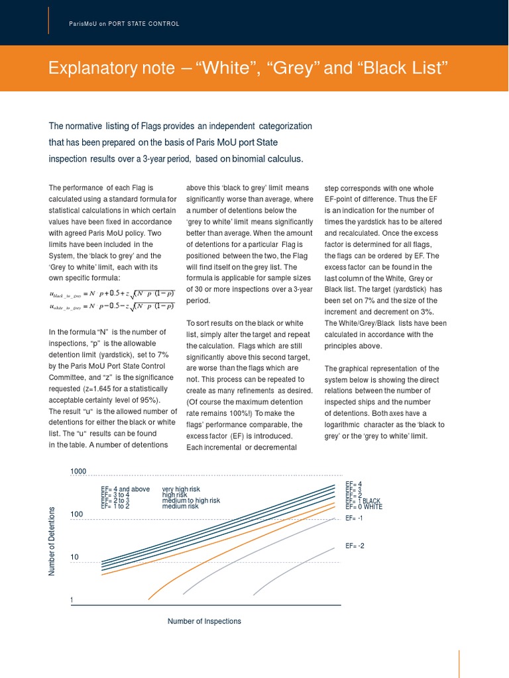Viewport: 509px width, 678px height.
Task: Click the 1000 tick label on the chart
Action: pos(78,471)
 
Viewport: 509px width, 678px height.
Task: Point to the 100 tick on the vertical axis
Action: pos(76,514)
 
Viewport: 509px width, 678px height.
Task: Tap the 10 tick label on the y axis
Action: pos(74,557)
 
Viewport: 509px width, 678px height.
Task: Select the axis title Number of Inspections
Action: pos(204,622)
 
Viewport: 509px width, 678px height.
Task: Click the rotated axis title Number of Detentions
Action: pos(52,540)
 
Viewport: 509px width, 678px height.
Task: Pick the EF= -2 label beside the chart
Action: pos(355,546)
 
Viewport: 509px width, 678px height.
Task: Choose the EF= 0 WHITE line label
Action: pos(364,507)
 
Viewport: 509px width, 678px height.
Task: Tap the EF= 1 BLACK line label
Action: pos(363,501)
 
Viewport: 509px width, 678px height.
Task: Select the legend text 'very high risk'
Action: pos(184,490)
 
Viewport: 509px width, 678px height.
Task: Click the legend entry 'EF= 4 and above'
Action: pos(125,490)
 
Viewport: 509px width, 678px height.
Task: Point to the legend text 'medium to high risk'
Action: pos(191,501)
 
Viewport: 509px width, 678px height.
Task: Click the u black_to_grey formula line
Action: pos(111,294)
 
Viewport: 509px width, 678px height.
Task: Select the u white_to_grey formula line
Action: pos(111,307)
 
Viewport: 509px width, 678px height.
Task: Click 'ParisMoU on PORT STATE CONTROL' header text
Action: pos(124,24)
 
